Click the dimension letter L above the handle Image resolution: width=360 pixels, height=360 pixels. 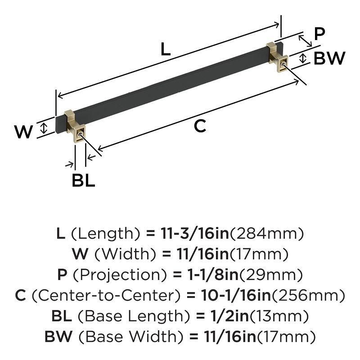pos(166,49)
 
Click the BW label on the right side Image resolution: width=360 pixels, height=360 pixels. pos(329,58)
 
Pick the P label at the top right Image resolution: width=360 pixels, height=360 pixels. pos(319,34)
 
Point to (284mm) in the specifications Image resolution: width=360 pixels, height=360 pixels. pos(267,234)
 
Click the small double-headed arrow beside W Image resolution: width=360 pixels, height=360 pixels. pos(44,128)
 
